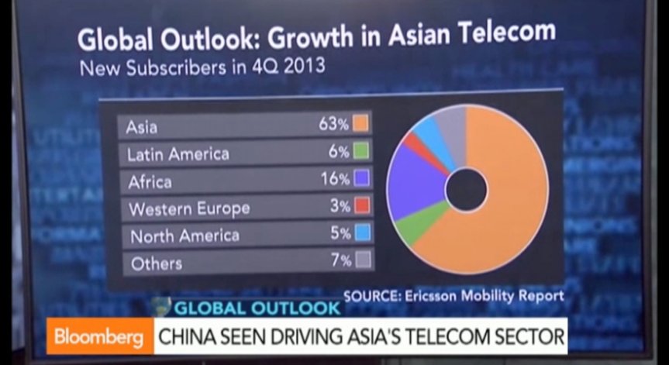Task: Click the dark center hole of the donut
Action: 466,190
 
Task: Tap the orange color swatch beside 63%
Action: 360,124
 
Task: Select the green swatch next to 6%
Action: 361,151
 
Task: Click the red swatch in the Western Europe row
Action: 362,206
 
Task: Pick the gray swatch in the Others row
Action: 363,260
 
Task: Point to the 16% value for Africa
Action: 336,179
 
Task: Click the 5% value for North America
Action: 340,233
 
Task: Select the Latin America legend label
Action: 178,154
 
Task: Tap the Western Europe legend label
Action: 189,209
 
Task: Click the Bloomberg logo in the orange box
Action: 99,338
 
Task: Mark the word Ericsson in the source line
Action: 431,295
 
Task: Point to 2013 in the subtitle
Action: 304,67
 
